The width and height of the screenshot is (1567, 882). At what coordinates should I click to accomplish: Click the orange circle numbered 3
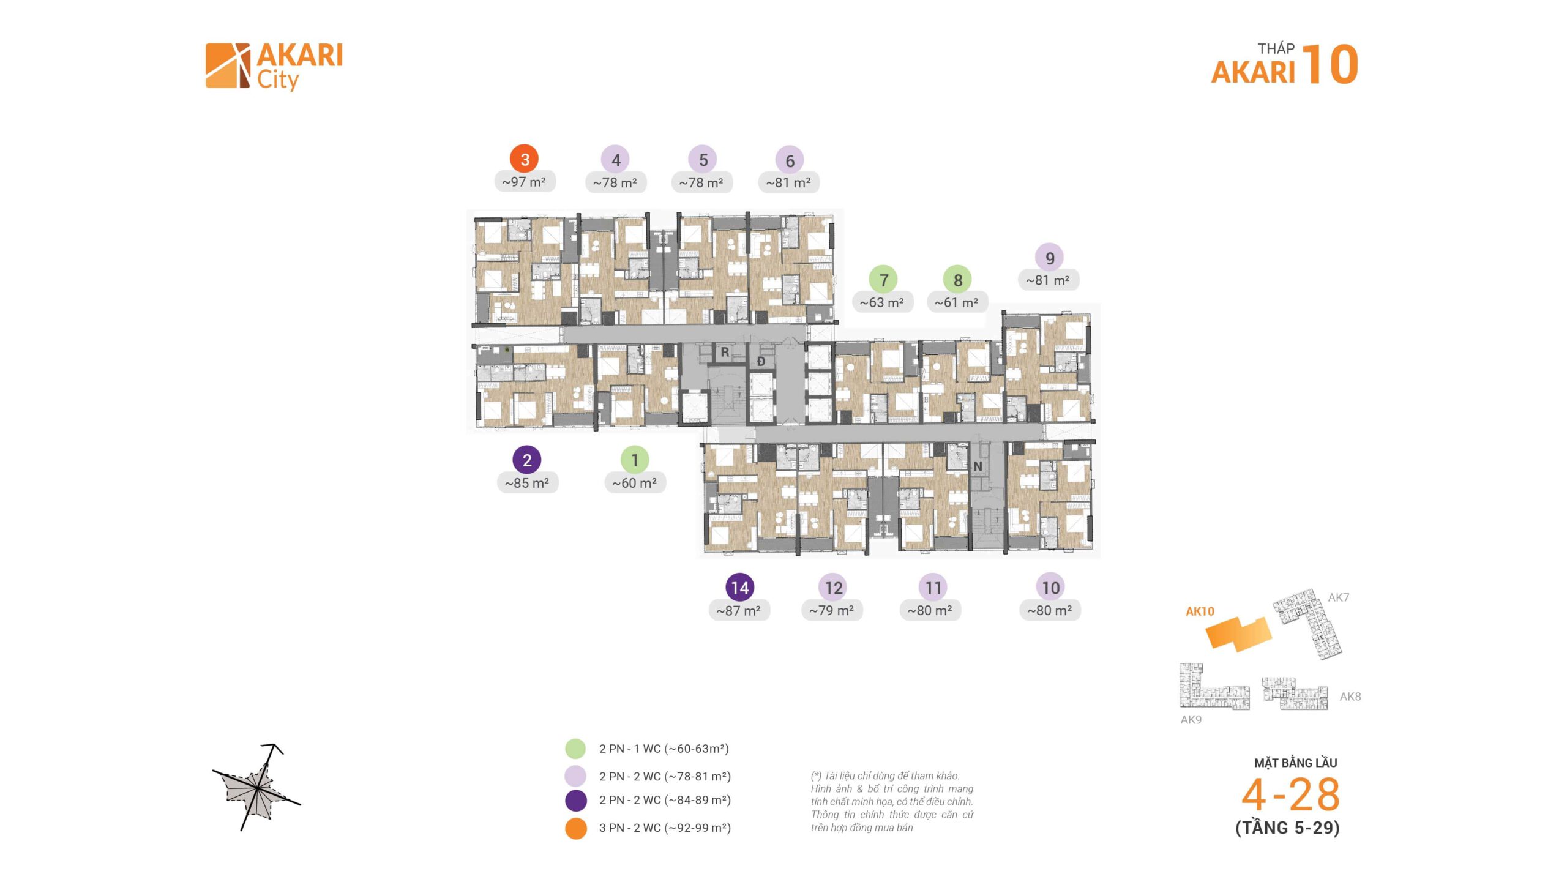pyautogui.click(x=524, y=160)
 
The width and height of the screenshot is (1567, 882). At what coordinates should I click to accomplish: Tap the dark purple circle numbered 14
pyautogui.click(x=739, y=588)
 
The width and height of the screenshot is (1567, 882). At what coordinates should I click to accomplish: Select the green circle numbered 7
pyautogui.click(x=883, y=280)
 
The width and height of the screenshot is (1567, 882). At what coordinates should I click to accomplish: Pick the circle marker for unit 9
pyautogui.click(x=1050, y=258)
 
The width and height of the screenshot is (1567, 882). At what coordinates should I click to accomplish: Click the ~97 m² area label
pyautogui.click(x=524, y=182)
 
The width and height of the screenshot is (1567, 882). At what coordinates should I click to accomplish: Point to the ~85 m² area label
pyautogui.click(x=527, y=483)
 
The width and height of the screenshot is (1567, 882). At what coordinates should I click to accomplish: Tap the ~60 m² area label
pyautogui.click(x=635, y=483)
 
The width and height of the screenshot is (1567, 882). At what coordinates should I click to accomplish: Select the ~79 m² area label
pyautogui.click(x=831, y=610)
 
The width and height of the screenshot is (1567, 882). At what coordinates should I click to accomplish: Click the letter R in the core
pyautogui.click(x=725, y=353)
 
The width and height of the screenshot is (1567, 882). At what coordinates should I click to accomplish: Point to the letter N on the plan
pyautogui.click(x=978, y=466)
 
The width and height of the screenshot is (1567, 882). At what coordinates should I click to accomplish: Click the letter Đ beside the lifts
pyautogui.click(x=761, y=362)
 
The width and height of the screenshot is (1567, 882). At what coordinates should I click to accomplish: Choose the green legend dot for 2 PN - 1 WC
pyautogui.click(x=575, y=749)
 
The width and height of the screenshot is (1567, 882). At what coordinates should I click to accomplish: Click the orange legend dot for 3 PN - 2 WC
pyautogui.click(x=575, y=828)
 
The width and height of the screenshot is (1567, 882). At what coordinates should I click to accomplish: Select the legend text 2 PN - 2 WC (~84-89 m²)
pyautogui.click(x=665, y=800)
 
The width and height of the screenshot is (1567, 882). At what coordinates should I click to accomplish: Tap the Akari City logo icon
pyautogui.click(x=227, y=65)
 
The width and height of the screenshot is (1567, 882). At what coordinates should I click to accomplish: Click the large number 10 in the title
pyautogui.click(x=1330, y=64)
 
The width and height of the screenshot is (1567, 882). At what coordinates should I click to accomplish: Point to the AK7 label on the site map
pyautogui.click(x=1338, y=597)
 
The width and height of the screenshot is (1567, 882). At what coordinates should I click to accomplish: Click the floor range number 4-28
pyautogui.click(x=1290, y=795)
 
